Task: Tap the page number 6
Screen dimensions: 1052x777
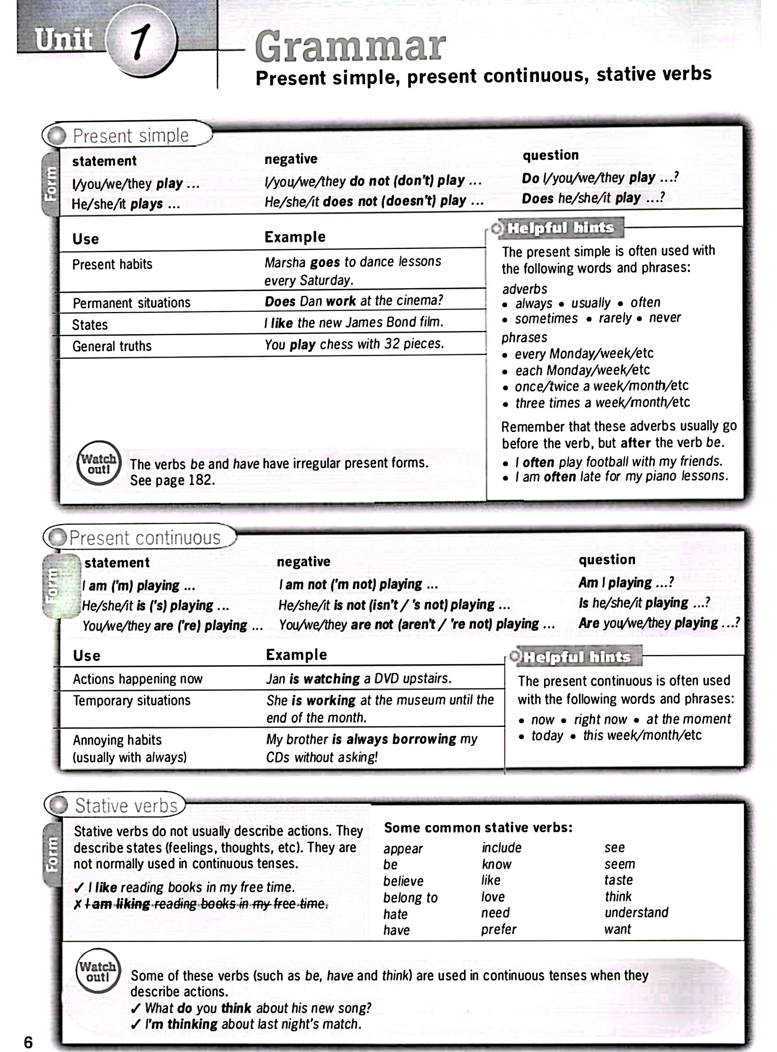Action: click(x=28, y=1042)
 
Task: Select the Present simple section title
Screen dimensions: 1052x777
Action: click(x=131, y=136)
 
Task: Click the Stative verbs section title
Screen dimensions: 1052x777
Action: click(x=126, y=806)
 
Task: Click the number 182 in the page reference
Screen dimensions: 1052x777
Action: click(x=201, y=480)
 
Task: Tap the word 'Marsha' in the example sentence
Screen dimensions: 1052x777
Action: click(x=285, y=262)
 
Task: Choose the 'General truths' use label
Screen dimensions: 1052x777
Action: click(x=112, y=346)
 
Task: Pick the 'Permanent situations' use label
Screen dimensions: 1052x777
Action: click(x=132, y=303)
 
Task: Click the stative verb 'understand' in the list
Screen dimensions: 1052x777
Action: click(x=636, y=912)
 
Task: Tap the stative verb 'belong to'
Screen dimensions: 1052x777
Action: click(x=410, y=897)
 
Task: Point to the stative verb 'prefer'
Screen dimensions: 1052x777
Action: click(x=498, y=929)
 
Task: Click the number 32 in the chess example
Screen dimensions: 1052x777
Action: click(x=392, y=344)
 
